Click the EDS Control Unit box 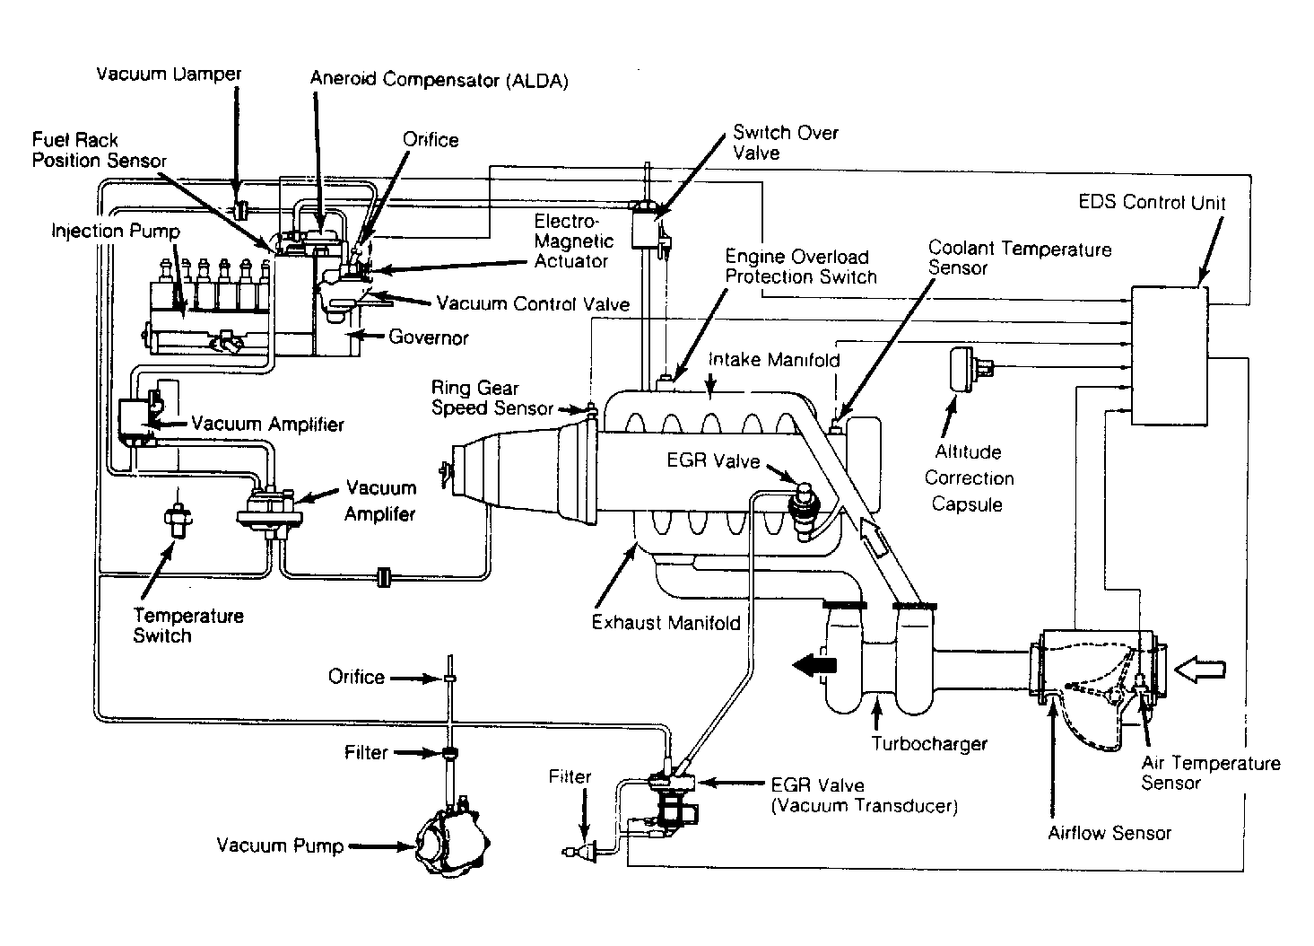[x=1169, y=355]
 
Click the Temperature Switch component [x=178, y=517]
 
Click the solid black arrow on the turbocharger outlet [x=814, y=665]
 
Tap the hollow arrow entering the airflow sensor [x=1200, y=670]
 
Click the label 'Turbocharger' [x=929, y=743]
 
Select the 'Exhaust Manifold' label [x=666, y=623]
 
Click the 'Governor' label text [x=428, y=337]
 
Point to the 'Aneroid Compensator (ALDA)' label [x=439, y=79]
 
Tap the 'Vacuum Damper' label [x=169, y=74]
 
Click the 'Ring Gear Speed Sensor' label [x=492, y=398]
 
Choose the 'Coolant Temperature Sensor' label [x=1020, y=258]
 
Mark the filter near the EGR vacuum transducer [x=579, y=851]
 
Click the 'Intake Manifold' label [x=774, y=360]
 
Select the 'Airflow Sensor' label [x=1110, y=833]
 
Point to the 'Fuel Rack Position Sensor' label [x=100, y=150]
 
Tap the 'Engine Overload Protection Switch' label [x=801, y=267]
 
